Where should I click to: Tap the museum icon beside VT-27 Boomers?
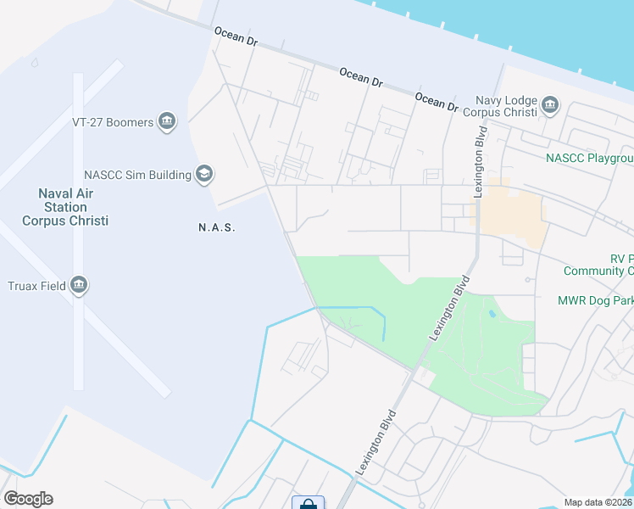click(x=167, y=122)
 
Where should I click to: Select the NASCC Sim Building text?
click(x=136, y=175)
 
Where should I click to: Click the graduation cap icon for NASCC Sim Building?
click(x=203, y=175)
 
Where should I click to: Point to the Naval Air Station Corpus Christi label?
click(x=65, y=207)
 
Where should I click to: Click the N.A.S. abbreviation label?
click(x=216, y=227)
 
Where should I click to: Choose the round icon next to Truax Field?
click(x=79, y=285)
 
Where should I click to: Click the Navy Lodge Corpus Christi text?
click(x=506, y=106)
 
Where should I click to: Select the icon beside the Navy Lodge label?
click(x=551, y=106)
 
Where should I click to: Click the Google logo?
click(x=28, y=498)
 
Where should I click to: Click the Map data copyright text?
click(x=598, y=502)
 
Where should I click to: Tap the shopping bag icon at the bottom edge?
click(x=308, y=504)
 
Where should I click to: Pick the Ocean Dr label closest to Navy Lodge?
click(x=437, y=101)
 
